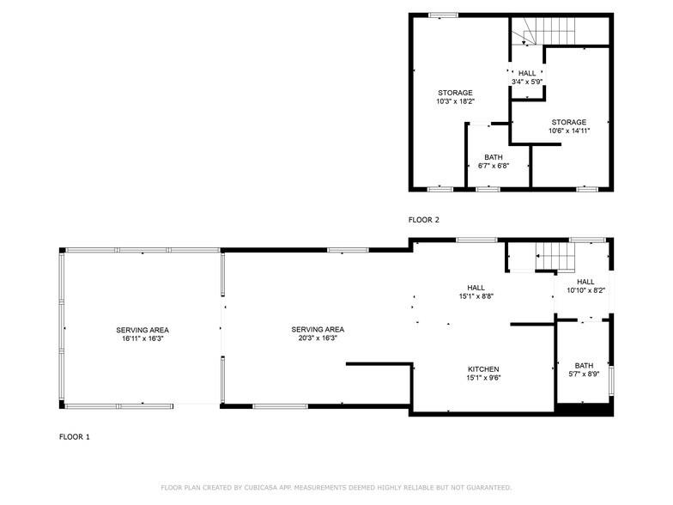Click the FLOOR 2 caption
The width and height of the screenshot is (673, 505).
pyautogui.click(x=423, y=220)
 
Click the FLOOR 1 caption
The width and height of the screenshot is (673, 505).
pyautogui.click(x=74, y=437)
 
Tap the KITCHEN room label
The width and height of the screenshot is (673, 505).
pyautogui.click(x=482, y=368)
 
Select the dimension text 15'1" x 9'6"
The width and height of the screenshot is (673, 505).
pyautogui.click(x=482, y=378)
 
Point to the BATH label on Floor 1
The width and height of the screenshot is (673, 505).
pyautogui.click(x=584, y=365)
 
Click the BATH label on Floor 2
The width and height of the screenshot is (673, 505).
pyautogui.click(x=493, y=157)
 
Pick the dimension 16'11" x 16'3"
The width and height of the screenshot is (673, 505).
pyautogui.click(x=142, y=338)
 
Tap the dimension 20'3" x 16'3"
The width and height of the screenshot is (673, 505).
pyautogui.click(x=318, y=338)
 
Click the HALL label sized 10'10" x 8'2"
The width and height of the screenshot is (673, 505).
pyautogui.click(x=585, y=282)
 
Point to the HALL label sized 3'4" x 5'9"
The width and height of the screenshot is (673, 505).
pyautogui.click(x=527, y=73)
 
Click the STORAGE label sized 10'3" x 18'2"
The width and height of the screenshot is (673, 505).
pyautogui.click(x=455, y=93)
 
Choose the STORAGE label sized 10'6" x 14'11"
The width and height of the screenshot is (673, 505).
pyautogui.click(x=569, y=122)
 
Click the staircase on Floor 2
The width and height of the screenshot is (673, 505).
pyautogui.click(x=528, y=34)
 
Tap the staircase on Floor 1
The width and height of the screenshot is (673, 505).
pyautogui.click(x=555, y=256)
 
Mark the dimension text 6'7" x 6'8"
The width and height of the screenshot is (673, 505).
pyautogui.click(x=493, y=166)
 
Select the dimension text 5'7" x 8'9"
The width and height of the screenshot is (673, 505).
pyautogui.click(x=584, y=374)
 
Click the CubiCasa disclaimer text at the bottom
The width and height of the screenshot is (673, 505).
pyautogui.click(x=336, y=488)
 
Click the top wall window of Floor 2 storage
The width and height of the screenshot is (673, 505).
pyautogui.click(x=443, y=15)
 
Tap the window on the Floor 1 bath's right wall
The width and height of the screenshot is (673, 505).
pyautogui.click(x=612, y=380)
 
